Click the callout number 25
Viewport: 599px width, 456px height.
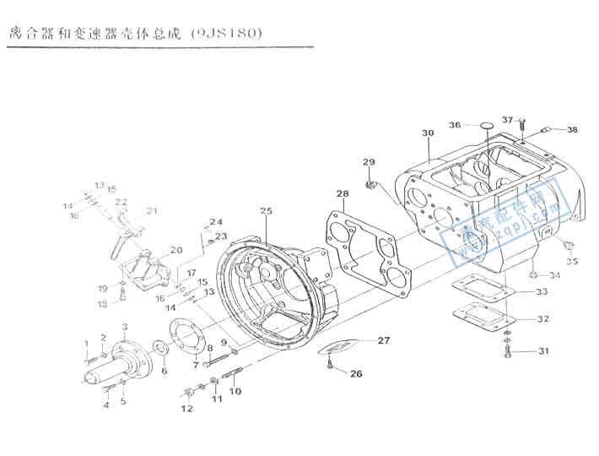point(267,210)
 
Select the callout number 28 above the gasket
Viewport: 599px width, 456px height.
point(342,194)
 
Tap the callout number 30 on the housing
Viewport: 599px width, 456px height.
point(428,133)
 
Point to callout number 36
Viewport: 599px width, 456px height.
point(455,125)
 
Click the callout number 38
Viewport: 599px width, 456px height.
point(572,130)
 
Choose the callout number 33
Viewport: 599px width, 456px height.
point(542,292)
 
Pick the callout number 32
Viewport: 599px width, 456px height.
point(543,319)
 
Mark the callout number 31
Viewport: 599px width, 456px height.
point(543,350)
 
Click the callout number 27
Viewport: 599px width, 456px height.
point(384,340)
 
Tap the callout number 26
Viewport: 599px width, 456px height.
point(356,373)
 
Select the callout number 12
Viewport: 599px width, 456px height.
point(186,409)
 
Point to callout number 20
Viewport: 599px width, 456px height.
point(176,250)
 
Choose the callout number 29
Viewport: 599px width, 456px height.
point(368,162)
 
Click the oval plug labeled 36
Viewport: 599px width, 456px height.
point(486,127)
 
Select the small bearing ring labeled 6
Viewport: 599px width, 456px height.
point(158,346)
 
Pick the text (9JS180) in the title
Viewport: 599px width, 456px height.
point(227,34)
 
